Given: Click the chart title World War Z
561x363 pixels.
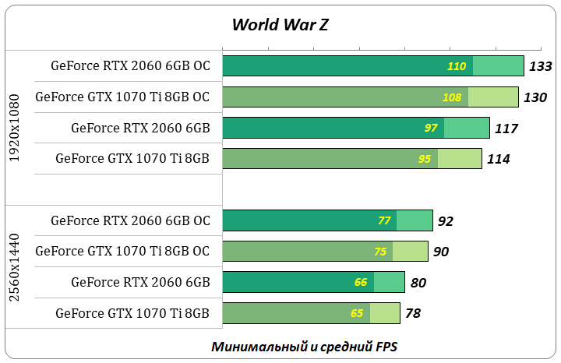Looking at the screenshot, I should coord(280,24).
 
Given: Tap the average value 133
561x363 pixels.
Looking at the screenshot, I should coord(540,66).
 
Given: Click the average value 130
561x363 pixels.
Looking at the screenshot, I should coord(535,97).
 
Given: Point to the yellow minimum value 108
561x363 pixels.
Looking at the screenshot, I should coord(451,97).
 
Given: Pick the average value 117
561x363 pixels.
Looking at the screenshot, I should coord(506,129).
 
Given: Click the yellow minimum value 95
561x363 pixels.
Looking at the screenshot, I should coord(425,159).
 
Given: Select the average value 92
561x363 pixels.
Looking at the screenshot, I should coord(446,221).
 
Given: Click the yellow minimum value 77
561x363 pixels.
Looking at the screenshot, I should coord(383,220).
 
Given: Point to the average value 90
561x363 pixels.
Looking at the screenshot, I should coord(441,252).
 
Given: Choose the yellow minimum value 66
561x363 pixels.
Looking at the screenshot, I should coord(361,282).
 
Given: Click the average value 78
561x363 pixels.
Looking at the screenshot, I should coord(413,314).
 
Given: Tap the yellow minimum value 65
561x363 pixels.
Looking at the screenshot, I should coord(357,313).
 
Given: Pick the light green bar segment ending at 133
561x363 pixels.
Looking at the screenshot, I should coord(498,66).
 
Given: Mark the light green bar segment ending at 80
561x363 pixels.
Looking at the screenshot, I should coord(389,282).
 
